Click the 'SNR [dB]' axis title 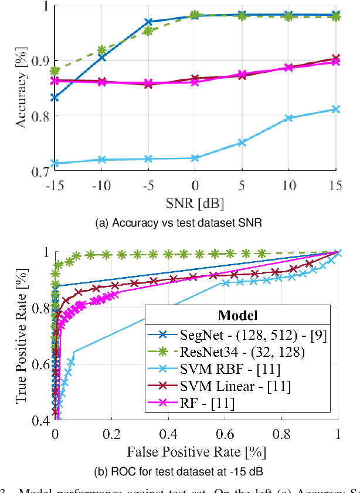(195, 203)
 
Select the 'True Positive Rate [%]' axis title (22, 336)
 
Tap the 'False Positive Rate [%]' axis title (196, 451)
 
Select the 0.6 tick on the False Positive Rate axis (225, 435)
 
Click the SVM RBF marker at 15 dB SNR (335, 109)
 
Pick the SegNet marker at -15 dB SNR (55, 97)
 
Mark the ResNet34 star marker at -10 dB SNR (101, 50)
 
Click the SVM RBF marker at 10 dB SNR (288, 118)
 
